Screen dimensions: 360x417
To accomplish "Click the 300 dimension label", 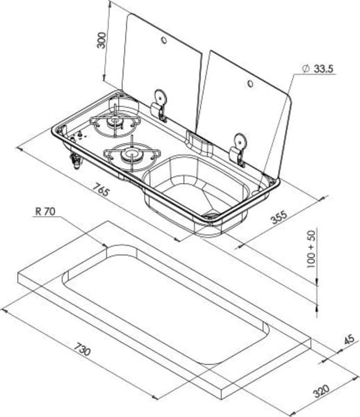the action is pyautogui.click(x=101, y=40).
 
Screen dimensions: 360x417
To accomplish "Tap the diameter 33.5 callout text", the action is pyautogui.click(x=318, y=69).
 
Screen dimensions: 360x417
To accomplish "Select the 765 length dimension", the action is pyautogui.click(x=101, y=189).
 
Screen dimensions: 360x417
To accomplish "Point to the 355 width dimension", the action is pyautogui.click(x=279, y=218).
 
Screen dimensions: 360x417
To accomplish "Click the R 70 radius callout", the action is pyautogui.click(x=45, y=211).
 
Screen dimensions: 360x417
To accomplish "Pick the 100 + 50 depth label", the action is pyautogui.click(x=311, y=250).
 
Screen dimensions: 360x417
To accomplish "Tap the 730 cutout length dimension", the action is pyautogui.click(x=82, y=349).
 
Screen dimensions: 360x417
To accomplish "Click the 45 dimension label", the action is pyautogui.click(x=349, y=339).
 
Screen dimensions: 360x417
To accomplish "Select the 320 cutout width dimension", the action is pyautogui.click(x=321, y=391).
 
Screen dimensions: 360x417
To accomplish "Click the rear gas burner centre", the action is pyautogui.click(x=115, y=121).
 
